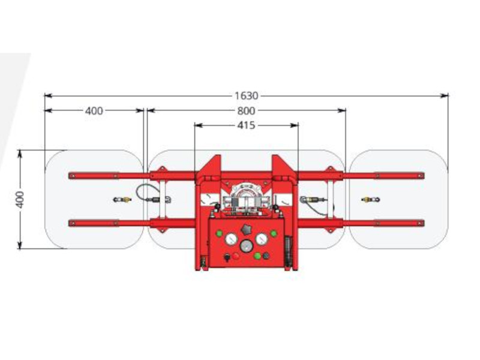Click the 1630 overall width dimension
[x=247, y=96]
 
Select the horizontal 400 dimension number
[x=94, y=111]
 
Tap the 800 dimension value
[x=246, y=110]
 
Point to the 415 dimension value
[x=246, y=125]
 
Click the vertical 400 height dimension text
[x=20, y=200]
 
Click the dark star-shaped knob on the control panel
[x=246, y=230]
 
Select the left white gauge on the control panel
[x=232, y=239]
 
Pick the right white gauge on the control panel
[x=262, y=239]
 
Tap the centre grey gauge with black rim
[x=247, y=246]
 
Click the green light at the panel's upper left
[x=219, y=233]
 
